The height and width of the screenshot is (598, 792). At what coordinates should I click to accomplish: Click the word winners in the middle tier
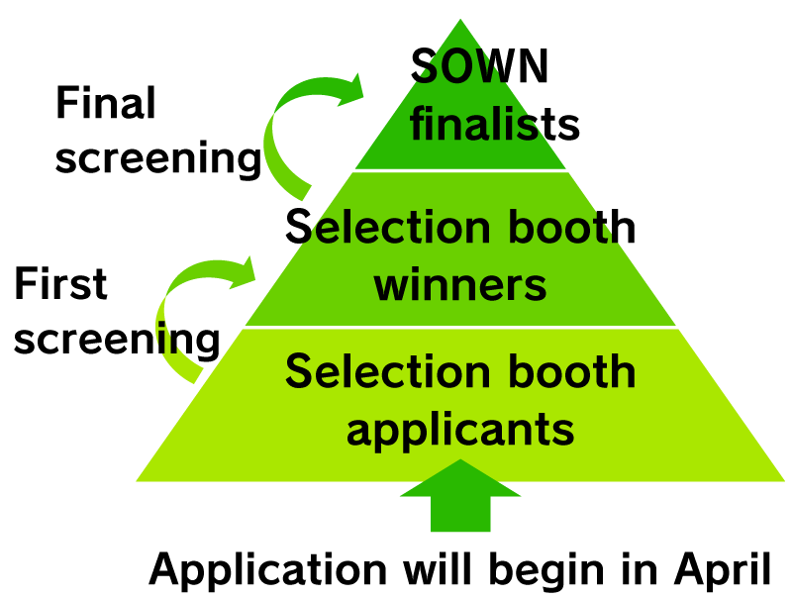pyautogui.click(x=460, y=285)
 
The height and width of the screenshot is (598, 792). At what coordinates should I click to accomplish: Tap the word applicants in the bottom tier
pyautogui.click(x=460, y=430)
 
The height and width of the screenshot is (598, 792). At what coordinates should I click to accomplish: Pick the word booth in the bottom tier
pyautogui.click(x=582, y=372)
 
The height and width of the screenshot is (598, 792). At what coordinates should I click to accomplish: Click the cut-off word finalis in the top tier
pyautogui.click(x=474, y=126)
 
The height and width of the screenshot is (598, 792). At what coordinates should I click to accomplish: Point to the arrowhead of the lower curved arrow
pyautogui.click(x=243, y=270)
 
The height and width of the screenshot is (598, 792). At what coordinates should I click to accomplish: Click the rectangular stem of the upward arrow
pyautogui.click(x=460, y=514)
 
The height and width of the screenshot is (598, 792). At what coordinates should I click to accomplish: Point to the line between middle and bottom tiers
pyautogui.click(x=460, y=326)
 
